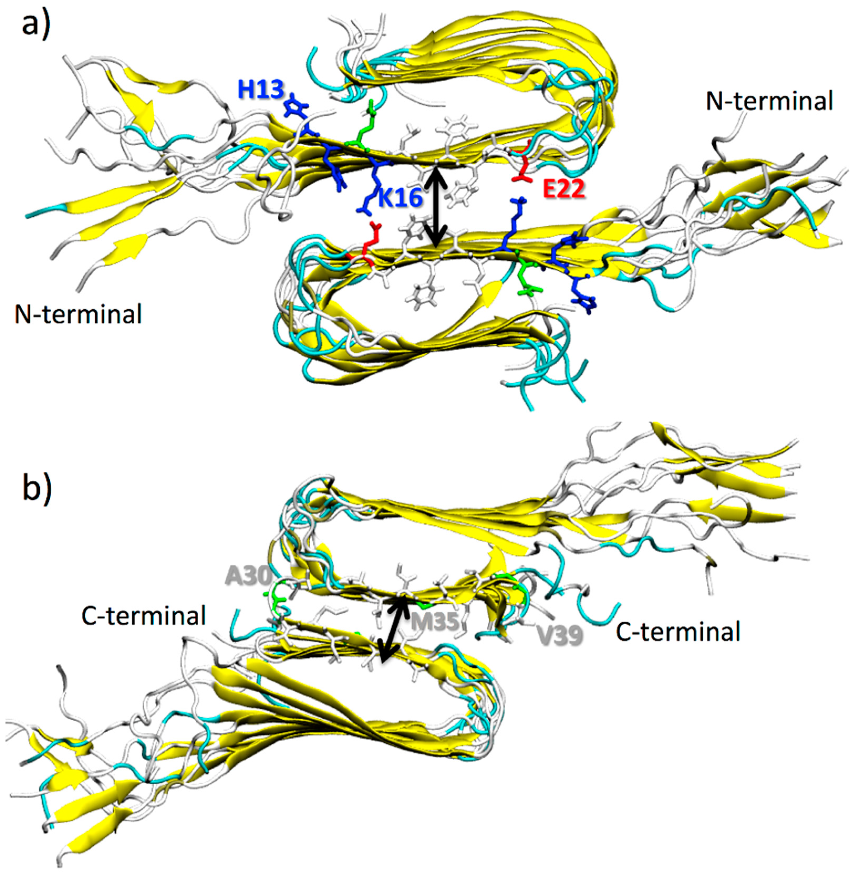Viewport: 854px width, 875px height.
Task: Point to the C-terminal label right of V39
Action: tap(678, 632)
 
